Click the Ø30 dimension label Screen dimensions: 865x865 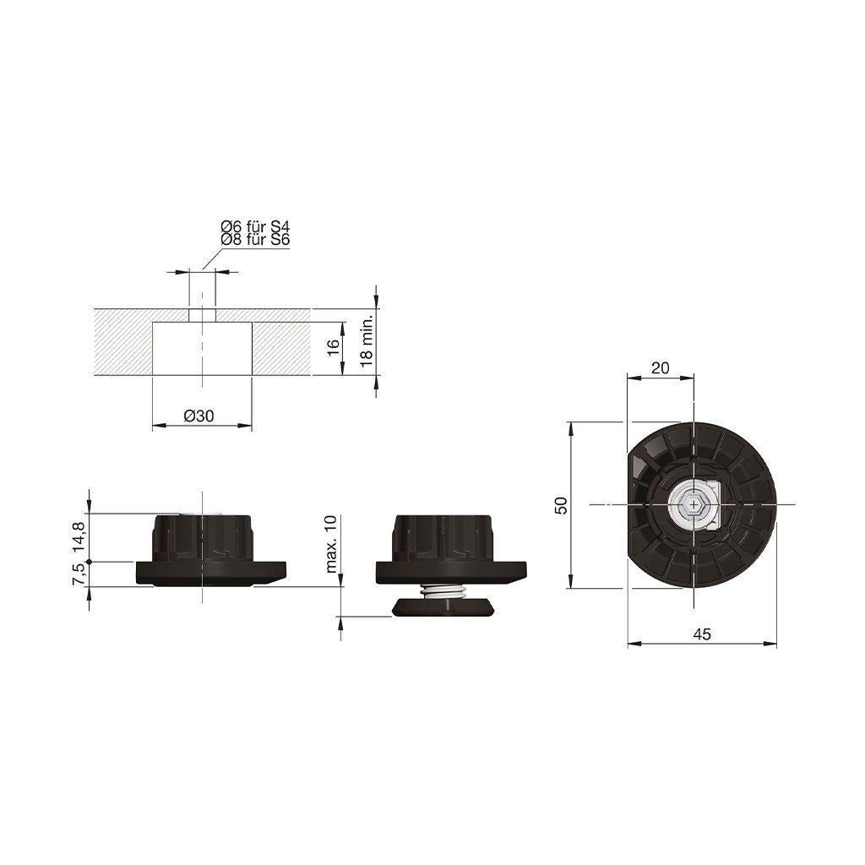pos(199,416)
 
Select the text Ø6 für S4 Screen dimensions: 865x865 pos(255,226)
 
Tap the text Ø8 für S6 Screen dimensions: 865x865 pos(255,239)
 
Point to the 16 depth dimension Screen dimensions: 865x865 pos(333,347)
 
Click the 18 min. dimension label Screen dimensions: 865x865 pos(367,342)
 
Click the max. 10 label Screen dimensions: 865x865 pos(331,544)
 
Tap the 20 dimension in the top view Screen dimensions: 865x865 pos(660,368)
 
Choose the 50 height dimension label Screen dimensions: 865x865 pos(561,505)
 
